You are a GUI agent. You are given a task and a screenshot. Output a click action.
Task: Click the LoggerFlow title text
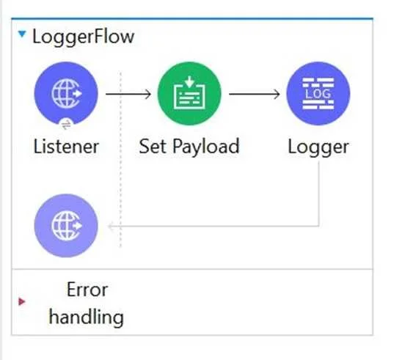(x=83, y=37)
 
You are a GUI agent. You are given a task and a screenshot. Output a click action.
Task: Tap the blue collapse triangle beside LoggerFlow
(x=22, y=34)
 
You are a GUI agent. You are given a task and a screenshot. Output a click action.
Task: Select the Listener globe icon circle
(x=66, y=94)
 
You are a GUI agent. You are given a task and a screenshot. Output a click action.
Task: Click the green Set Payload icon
(x=189, y=94)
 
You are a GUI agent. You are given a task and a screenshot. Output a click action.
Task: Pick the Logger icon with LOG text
(x=318, y=94)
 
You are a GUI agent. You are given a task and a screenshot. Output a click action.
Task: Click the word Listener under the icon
(x=66, y=147)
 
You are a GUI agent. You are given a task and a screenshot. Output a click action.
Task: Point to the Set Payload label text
(x=189, y=147)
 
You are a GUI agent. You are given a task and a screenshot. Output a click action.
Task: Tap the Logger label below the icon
(x=318, y=147)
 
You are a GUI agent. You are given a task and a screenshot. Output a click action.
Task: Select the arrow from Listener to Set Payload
(x=128, y=94)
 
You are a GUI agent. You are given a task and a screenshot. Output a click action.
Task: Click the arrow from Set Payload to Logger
(x=255, y=94)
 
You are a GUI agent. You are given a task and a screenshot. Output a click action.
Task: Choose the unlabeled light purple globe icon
(x=66, y=226)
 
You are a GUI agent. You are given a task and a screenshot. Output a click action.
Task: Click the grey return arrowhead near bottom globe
(x=112, y=226)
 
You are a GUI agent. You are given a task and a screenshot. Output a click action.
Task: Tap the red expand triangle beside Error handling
(x=22, y=301)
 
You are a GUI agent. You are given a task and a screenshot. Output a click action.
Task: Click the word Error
(x=87, y=290)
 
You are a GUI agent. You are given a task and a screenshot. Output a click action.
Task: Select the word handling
(x=87, y=317)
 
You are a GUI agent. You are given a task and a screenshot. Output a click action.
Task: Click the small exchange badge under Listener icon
(x=66, y=125)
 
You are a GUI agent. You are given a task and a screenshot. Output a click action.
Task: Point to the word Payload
(x=206, y=147)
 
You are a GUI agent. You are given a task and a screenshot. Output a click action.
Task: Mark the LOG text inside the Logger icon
(x=318, y=94)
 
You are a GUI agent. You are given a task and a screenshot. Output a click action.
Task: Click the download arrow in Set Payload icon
(x=189, y=81)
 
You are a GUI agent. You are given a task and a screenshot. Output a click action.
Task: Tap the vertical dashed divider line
(x=120, y=159)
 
